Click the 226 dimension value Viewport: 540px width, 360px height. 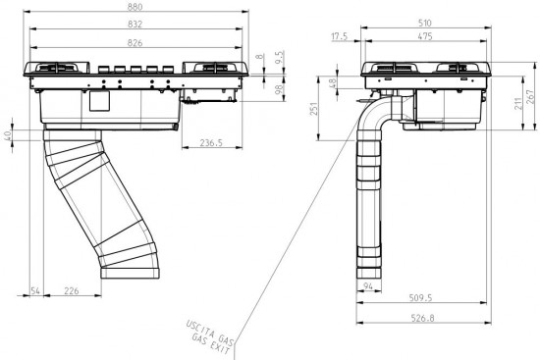tap(72, 290)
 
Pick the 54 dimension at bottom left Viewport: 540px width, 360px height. tap(35, 290)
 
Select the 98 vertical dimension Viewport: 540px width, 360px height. tap(279, 88)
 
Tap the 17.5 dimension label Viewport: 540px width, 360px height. tap(341, 37)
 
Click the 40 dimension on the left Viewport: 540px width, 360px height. tap(8, 134)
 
